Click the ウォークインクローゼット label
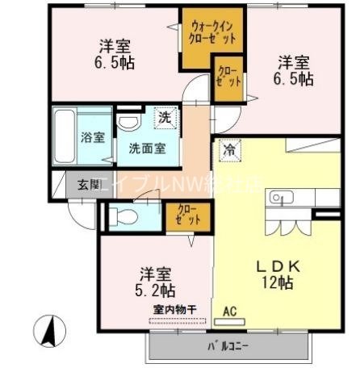pyautogui.click(x=212, y=31)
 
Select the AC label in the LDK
pyautogui.click(x=229, y=310)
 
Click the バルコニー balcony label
pyautogui.click(x=229, y=347)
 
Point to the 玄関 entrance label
pyautogui.click(x=89, y=183)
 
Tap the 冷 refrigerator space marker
pyautogui.click(x=229, y=148)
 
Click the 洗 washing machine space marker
pyautogui.click(x=164, y=118)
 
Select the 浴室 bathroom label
pyautogui.click(x=93, y=137)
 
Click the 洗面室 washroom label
pyautogui.click(x=148, y=148)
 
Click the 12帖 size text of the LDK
pyautogui.click(x=278, y=282)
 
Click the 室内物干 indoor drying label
pyautogui.click(x=172, y=310)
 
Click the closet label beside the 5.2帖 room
pyautogui.click(x=189, y=215)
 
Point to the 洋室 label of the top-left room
pyautogui.click(x=115, y=47)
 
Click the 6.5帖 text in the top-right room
pyautogui.click(x=296, y=79)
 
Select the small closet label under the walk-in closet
pyautogui.click(x=228, y=77)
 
